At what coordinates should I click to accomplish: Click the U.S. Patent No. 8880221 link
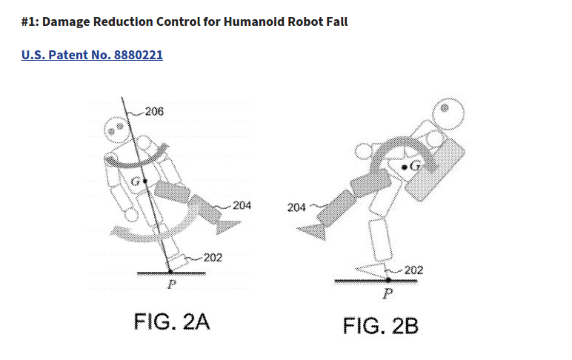(x=93, y=56)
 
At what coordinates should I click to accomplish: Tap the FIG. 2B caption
(x=381, y=325)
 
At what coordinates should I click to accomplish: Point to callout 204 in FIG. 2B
(x=296, y=207)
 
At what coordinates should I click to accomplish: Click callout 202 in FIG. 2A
(x=213, y=257)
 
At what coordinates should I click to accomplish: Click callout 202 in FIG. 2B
(x=413, y=270)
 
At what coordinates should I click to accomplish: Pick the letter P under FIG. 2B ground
(x=386, y=294)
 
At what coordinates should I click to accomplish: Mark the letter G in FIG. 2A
(x=136, y=180)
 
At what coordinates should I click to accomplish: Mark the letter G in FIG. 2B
(x=415, y=167)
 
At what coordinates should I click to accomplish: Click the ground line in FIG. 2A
(x=172, y=273)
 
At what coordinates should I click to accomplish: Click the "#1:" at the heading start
(x=32, y=21)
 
